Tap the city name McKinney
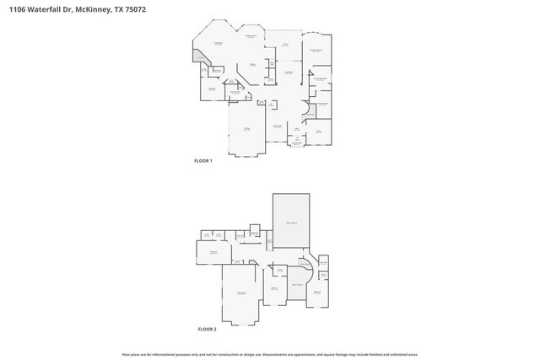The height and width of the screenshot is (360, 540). coord(91,10)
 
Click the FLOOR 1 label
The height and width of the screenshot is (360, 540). coord(203,160)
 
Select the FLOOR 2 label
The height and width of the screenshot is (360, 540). coord(207,328)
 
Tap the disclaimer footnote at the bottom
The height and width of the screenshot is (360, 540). coord(269,354)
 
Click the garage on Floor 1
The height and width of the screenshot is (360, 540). coord(247,128)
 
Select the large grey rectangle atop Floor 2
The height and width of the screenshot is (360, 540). coord(291,220)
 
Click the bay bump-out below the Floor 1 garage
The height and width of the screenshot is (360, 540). coord(247,153)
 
